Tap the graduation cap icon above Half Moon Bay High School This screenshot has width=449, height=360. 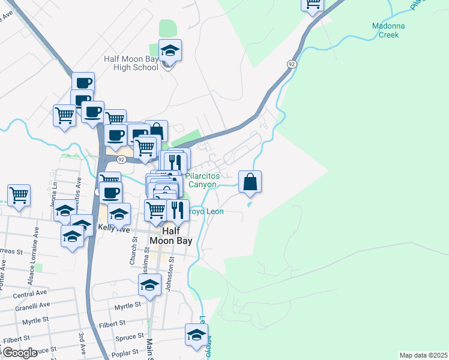(170, 50)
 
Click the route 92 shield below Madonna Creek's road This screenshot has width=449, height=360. (291, 64)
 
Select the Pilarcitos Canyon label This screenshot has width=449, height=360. (202, 180)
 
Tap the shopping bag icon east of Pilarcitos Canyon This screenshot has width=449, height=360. (250, 181)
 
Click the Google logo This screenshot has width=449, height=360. (20, 353)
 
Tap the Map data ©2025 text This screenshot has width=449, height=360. (423, 355)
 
